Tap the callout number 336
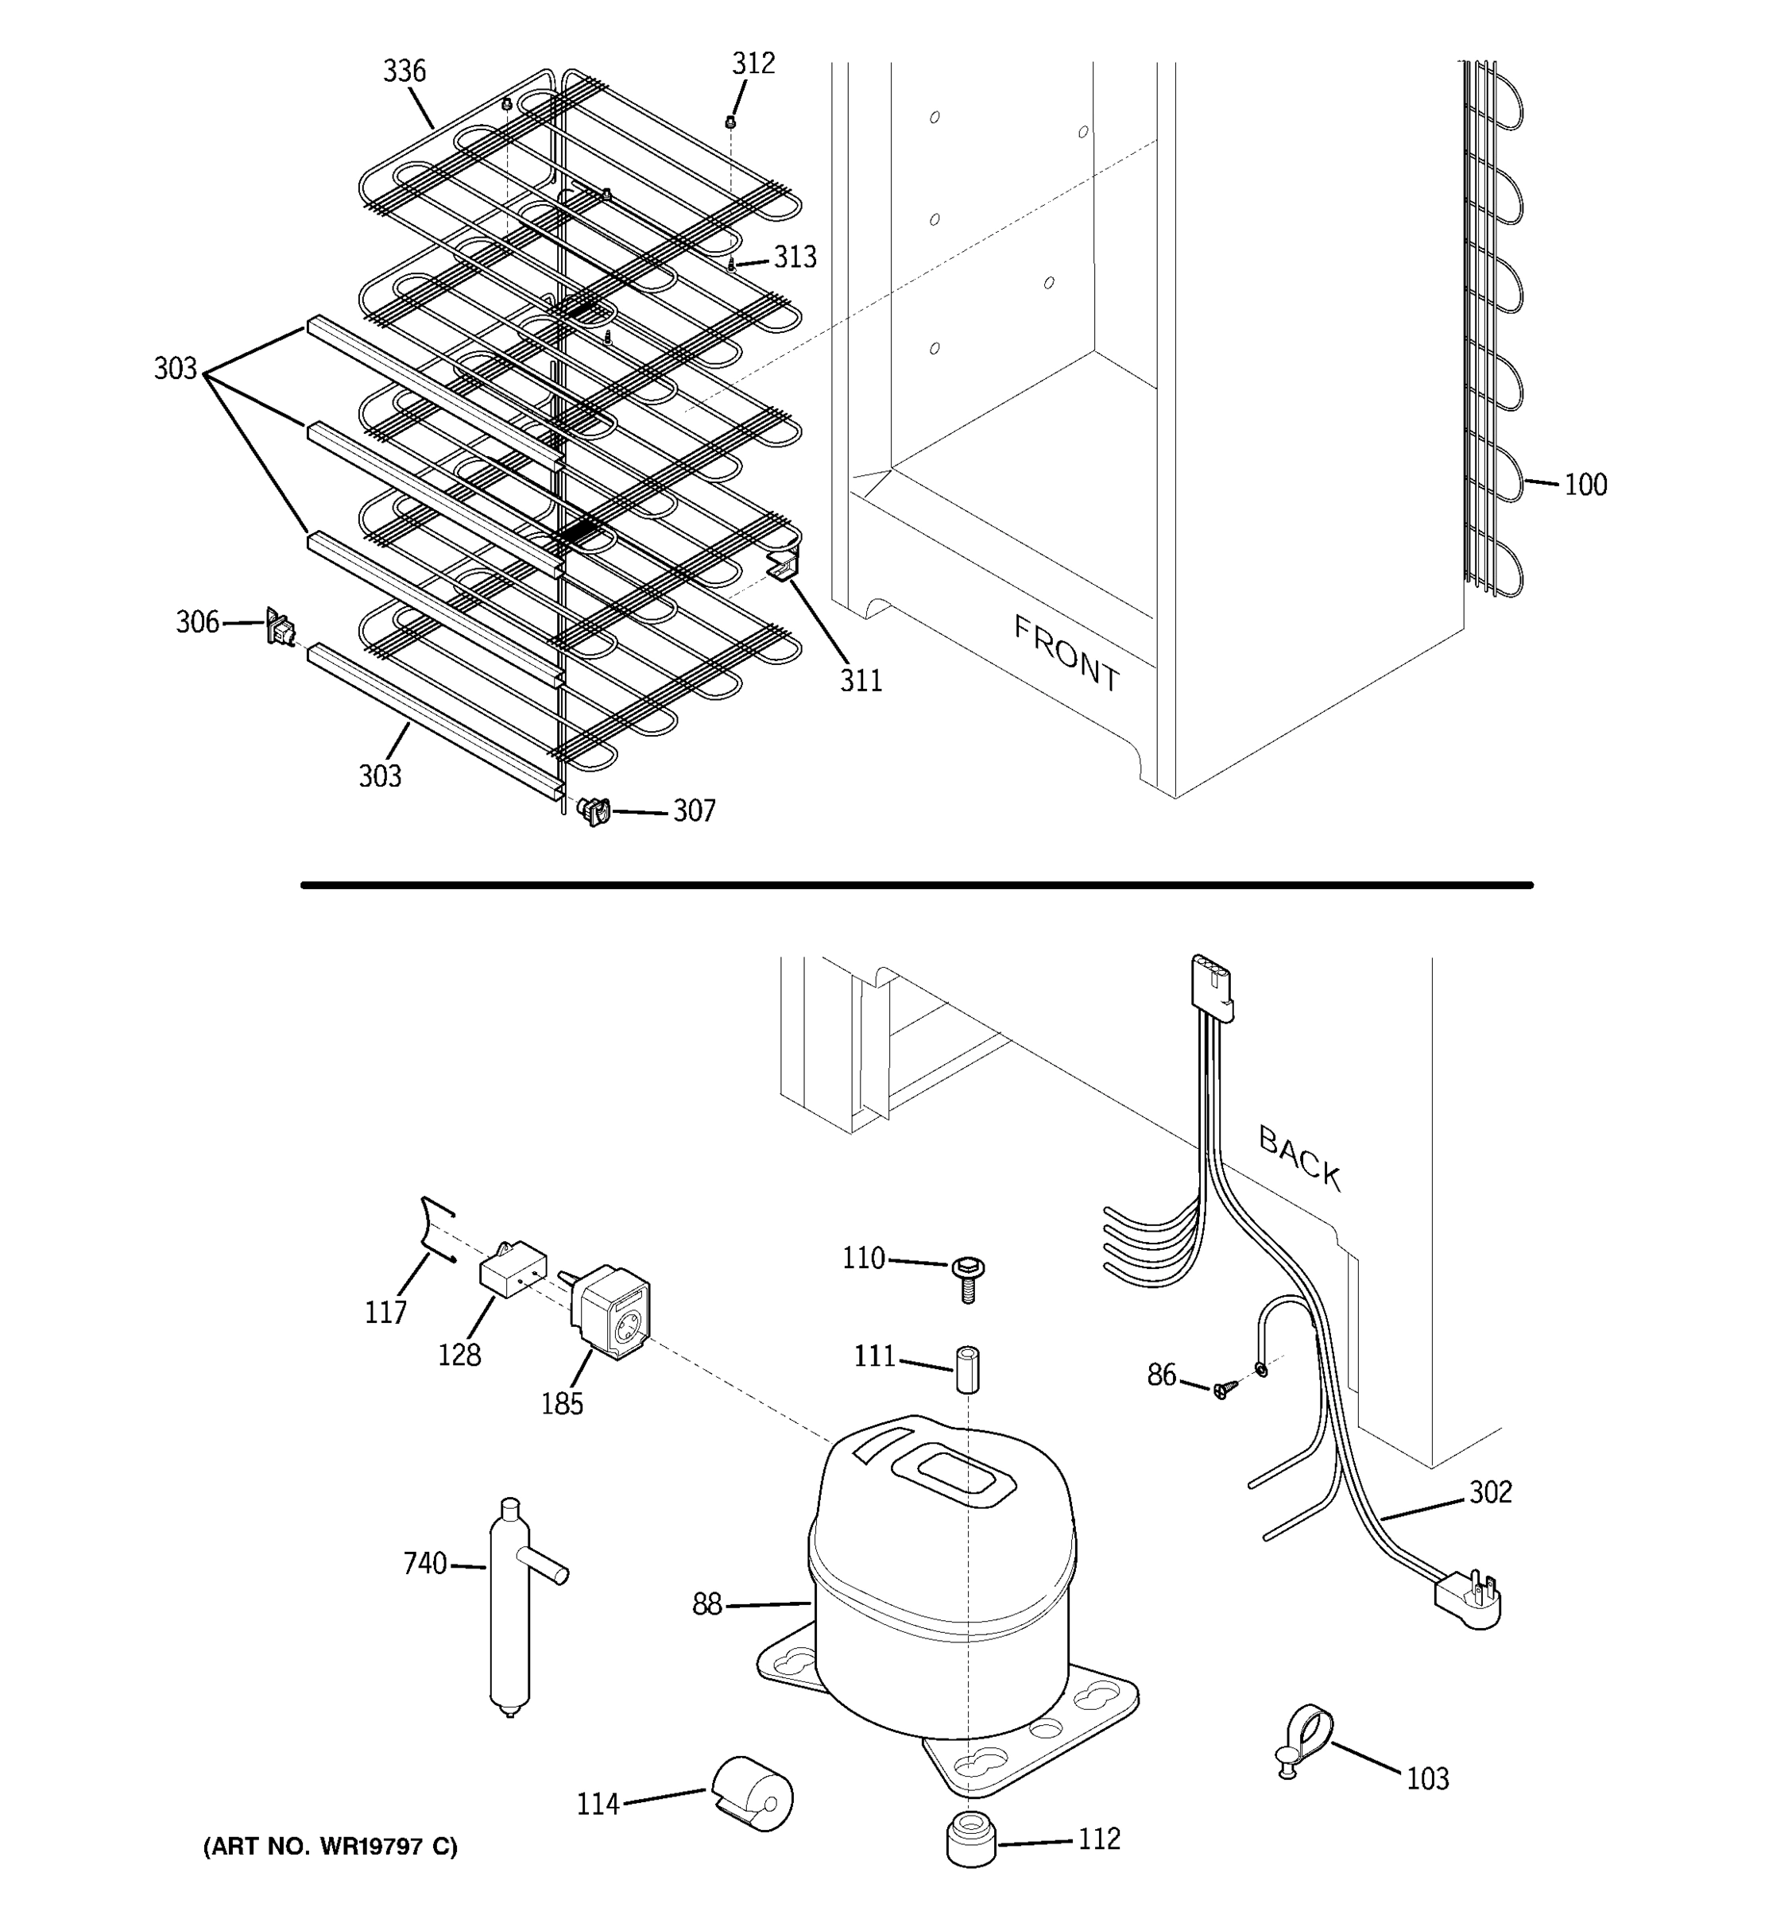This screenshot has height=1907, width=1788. (404, 71)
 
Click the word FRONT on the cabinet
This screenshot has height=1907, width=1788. (1066, 654)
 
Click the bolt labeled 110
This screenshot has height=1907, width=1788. (967, 1278)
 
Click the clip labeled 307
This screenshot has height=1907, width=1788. (594, 811)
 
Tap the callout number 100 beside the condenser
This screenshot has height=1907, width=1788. (1585, 485)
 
